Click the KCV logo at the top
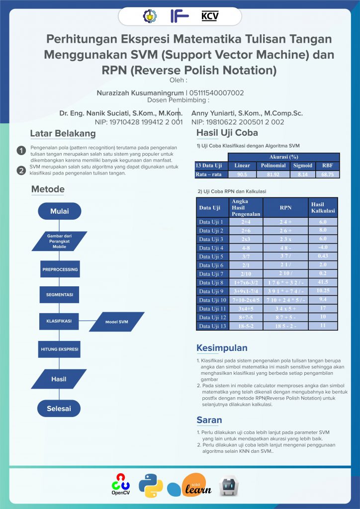[210, 16]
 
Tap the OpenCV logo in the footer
[120, 485]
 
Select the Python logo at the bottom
[151, 486]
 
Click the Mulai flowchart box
[59, 211]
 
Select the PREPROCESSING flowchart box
[59, 269]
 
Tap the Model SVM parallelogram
[117, 322]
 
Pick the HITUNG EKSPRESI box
[59, 349]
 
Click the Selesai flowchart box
[59, 409]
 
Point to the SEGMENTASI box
[59, 295]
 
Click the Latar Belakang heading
[63, 134]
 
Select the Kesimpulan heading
[222, 348]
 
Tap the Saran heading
[209, 420]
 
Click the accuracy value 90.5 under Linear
[242, 174]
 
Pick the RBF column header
[327, 166]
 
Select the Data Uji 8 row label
[211, 282]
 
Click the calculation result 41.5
[323, 282]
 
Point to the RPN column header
[285, 208]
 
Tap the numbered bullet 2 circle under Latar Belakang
[21, 170]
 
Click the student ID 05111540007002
[217, 93]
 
